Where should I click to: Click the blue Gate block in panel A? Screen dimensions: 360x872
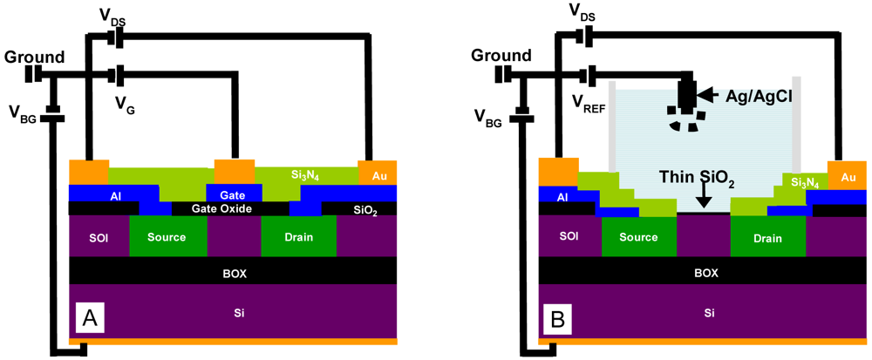[232, 193]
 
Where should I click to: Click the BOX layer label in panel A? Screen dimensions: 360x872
[232, 273]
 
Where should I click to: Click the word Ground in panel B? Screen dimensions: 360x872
[501, 56]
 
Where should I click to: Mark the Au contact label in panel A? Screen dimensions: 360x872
[379, 175]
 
